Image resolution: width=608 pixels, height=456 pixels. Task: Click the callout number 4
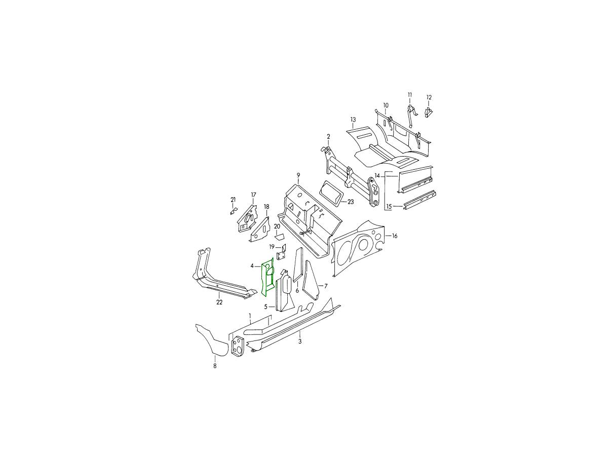[x=252, y=266]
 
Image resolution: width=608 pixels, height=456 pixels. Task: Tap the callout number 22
[x=219, y=302]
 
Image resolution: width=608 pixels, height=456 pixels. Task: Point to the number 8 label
[x=215, y=366]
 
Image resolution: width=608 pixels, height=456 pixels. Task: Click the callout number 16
[x=395, y=236]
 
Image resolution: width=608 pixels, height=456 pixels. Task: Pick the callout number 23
[x=351, y=202]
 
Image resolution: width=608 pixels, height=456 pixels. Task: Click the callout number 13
[x=353, y=120]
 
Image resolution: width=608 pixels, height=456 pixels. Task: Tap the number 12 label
[x=429, y=97]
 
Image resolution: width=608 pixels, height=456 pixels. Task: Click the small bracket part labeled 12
[x=429, y=112]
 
